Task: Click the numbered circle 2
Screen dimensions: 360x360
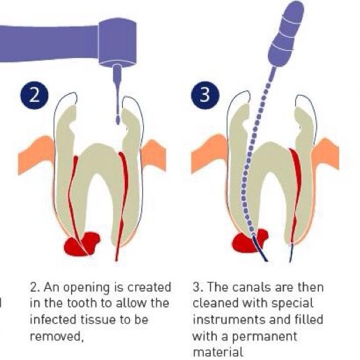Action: click(34, 96)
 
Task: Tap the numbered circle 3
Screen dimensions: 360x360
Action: click(205, 96)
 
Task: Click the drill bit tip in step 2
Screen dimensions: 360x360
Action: click(118, 120)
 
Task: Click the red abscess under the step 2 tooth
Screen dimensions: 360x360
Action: click(82, 243)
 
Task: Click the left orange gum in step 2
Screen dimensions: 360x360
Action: click(37, 153)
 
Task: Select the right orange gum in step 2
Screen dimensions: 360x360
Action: click(153, 155)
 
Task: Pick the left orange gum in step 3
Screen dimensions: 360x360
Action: click(210, 152)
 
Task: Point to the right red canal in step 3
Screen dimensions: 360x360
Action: click(296, 195)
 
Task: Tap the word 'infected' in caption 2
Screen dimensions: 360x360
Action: click(53, 319)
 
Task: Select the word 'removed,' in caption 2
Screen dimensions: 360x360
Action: click(57, 336)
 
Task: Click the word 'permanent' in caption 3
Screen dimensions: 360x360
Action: click(264, 337)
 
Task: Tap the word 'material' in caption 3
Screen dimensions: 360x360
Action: click(218, 352)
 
